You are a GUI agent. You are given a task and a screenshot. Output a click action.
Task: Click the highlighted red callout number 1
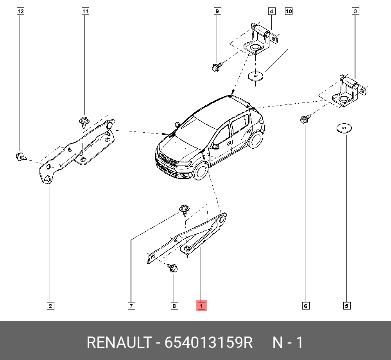(x=201, y=306)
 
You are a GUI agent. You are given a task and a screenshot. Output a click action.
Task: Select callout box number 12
(x=20, y=11)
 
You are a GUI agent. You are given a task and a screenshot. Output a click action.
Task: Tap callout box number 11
(x=85, y=11)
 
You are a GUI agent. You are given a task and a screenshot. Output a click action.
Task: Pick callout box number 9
(x=217, y=11)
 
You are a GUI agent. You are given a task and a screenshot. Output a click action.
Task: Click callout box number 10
(x=289, y=11)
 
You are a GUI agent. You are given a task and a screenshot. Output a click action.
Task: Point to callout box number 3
(x=355, y=11)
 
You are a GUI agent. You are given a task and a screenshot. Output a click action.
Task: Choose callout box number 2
(x=50, y=306)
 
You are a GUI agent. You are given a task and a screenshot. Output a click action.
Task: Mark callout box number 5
(x=346, y=306)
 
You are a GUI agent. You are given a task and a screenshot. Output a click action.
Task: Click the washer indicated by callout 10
(x=255, y=76)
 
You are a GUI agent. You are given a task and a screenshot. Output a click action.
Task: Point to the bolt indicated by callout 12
(x=20, y=157)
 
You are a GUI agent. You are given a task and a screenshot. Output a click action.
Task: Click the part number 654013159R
(x=209, y=342)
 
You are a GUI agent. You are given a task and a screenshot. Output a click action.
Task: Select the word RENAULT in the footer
(x=118, y=342)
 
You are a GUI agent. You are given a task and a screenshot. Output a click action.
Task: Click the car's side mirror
(x=215, y=147)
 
